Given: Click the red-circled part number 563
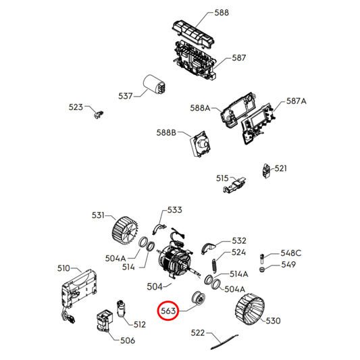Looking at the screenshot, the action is coord(168,311).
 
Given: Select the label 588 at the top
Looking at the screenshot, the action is coord(222,12).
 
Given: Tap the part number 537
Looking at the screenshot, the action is coord(126,96).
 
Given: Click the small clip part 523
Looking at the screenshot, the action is coord(99,114).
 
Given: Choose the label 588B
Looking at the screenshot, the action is coord(166,132).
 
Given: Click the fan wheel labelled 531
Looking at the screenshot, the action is coord(125,232).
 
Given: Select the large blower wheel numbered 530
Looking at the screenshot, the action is coord(249,309).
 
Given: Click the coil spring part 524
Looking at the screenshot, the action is coord(213,266).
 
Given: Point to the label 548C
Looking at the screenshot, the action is coord(291,253).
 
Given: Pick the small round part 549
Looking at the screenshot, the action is coord(261,269).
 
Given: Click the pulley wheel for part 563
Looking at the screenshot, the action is coord(198,298).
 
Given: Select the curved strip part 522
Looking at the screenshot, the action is coord(224,342).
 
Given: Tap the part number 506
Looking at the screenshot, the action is coord(128,340).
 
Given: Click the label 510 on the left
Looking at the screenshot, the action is coord(63,268).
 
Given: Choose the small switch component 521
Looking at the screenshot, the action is coord(266,171).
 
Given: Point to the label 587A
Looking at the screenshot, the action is coord(297,101).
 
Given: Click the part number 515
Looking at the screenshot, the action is coord(222,178).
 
